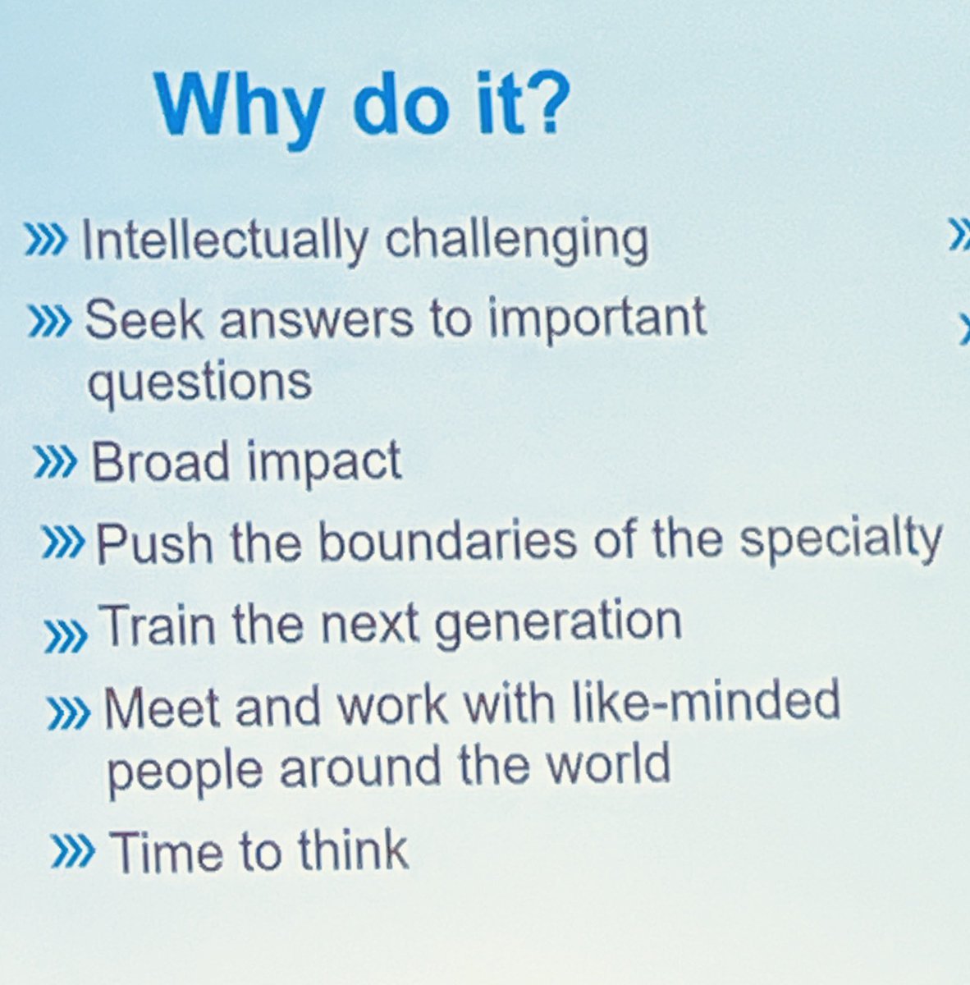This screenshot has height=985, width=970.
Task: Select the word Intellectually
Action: pyautogui.click(x=225, y=241)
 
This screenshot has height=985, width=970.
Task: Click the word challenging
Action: pyautogui.click(x=516, y=241)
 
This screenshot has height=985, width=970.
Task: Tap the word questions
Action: pyautogui.click(x=199, y=383)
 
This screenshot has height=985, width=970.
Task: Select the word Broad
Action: pyautogui.click(x=161, y=461)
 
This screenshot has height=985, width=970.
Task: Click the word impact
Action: pyautogui.click(x=323, y=461)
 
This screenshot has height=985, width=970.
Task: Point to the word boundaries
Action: pyautogui.click(x=447, y=542)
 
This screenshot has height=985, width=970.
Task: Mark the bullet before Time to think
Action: pyautogui.click(x=72, y=851)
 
